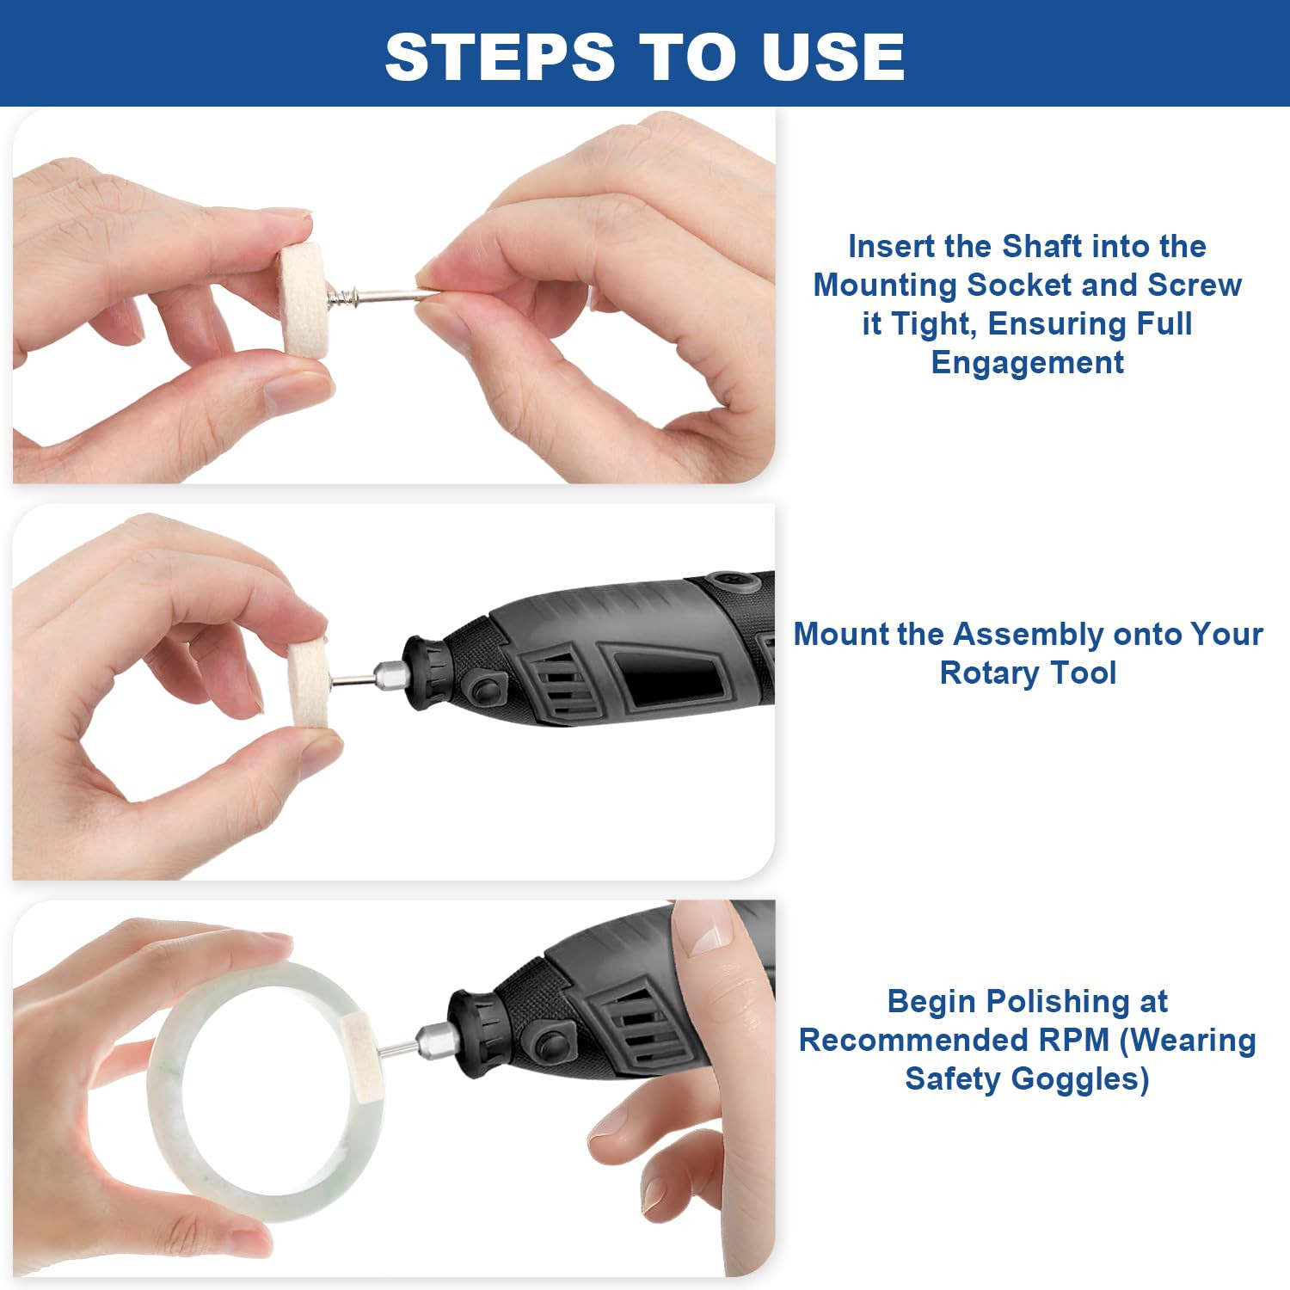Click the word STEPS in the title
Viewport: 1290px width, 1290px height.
[500, 57]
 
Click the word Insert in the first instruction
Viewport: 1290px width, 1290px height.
[891, 247]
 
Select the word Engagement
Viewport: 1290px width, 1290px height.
[1027, 363]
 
